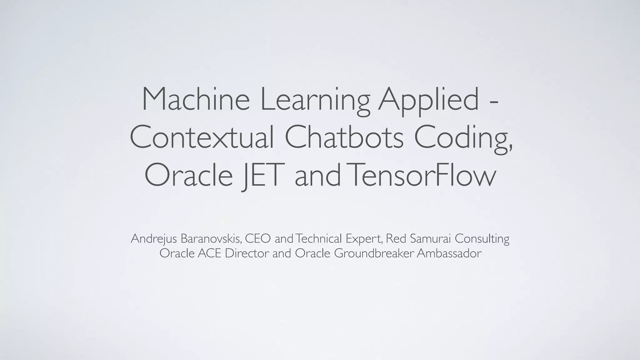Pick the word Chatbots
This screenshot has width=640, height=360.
(x=344, y=137)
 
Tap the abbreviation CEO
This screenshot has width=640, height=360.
(x=258, y=238)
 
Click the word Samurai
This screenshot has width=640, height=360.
(x=430, y=238)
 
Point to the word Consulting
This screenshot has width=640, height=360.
(x=482, y=239)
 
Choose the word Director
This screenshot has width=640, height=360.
(x=247, y=253)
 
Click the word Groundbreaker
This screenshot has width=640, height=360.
(x=374, y=253)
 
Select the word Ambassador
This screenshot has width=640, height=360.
(x=449, y=253)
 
